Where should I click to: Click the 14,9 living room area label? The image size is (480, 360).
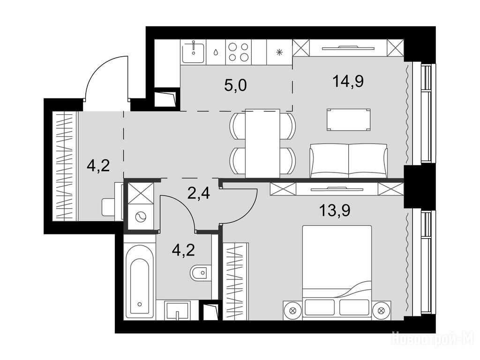click(x=348, y=82)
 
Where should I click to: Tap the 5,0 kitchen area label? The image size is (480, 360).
click(x=235, y=86)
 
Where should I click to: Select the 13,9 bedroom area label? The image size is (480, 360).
click(x=335, y=210)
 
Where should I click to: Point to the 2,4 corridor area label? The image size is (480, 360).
click(x=199, y=193)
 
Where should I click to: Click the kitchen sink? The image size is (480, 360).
click(x=193, y=52)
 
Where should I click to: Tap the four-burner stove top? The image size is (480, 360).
click(x=239, y=52)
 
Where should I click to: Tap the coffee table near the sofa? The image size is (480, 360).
click(x=348, y=120)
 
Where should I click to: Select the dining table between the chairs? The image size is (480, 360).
click(x=262, y=143)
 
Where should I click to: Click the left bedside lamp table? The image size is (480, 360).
click(x=292, y=310)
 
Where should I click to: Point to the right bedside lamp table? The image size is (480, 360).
click(x=381, y=310)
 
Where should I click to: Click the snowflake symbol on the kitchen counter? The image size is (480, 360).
click(x=279, y=52)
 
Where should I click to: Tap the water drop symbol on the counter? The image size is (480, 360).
click(x=216, y=52)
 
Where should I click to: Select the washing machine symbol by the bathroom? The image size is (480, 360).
click(x=141, y=217)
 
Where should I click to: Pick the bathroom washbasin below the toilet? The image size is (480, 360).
click(x=178, y=310)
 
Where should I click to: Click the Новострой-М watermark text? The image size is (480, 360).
click(x=434, y=339)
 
